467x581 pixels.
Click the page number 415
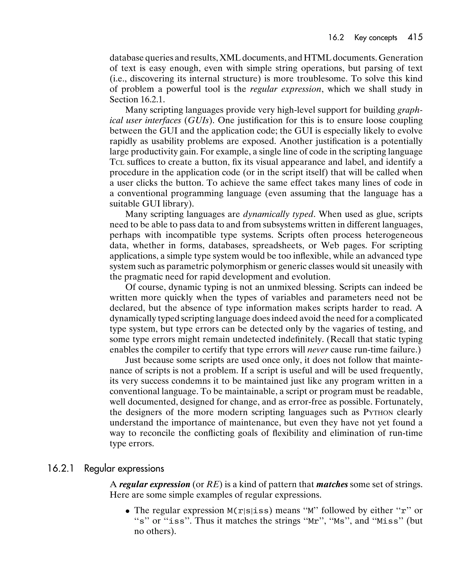click(x=415, y=37)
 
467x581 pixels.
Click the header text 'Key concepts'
click(x=375, y=38)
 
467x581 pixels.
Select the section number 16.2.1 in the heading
click(x=61, y=469)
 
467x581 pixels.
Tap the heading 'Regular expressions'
click(x=124, y=469)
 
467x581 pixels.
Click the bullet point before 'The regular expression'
click(x=128, y=511)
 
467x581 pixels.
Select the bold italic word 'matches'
click(x=332, y=485)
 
